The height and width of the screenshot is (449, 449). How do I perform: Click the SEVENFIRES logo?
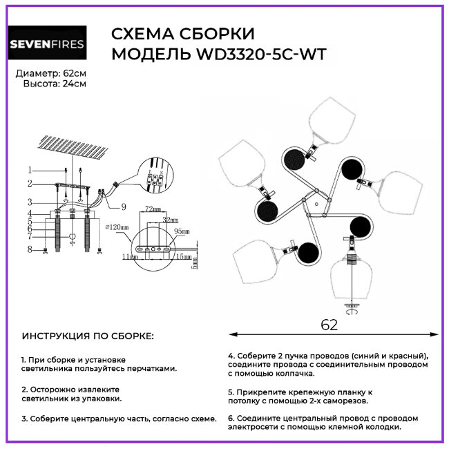46,44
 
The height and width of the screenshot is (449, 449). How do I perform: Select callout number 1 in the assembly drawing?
30,170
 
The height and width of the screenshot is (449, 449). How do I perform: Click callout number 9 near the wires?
123,206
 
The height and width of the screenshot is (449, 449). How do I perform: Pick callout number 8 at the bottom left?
30,249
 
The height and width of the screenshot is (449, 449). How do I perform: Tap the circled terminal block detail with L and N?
156,175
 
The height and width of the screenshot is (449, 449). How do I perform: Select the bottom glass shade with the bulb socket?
352,278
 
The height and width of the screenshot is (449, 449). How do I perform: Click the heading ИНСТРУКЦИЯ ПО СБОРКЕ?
88,336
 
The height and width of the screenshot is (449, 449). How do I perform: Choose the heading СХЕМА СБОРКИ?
182,34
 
